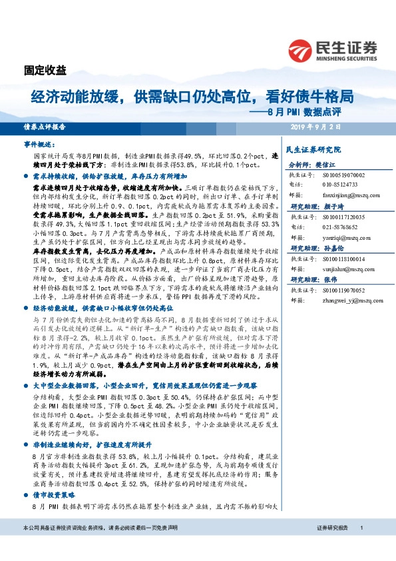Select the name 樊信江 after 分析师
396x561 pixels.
(323, 163)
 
